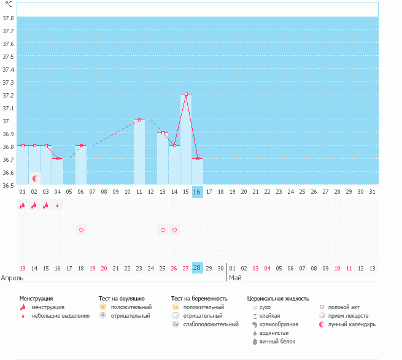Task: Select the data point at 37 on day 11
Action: click(139, 120)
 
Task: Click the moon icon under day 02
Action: click(35, 178)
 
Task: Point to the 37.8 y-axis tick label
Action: click(8, 18)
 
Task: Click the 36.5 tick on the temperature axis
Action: click(8, 185)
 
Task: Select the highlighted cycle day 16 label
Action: click(197, 192)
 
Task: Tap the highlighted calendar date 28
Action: click(197, 268)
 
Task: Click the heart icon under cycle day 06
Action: click(81, 230)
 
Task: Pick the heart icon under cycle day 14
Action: click(174, 230)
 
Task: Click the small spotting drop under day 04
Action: click(58, 206)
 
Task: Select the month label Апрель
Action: click(12, 278)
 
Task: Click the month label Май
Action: click(235, 278)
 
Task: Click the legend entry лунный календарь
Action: click(351, 324)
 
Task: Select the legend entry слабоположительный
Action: click(211, 324)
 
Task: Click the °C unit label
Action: click(9, 4)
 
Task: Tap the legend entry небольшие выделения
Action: click(60, 316)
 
